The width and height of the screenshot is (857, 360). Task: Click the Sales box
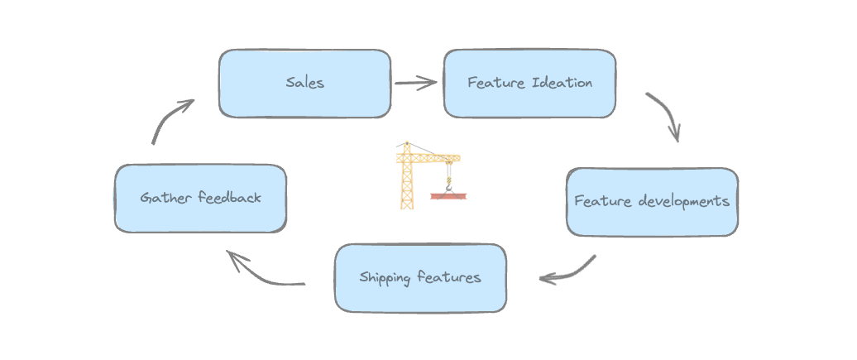(x=304, y=83)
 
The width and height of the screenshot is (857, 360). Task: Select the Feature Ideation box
(x=529, y=83)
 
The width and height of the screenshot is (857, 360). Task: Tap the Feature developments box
(x=652, y=201)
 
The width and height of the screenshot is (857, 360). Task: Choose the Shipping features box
(x=419, y=277)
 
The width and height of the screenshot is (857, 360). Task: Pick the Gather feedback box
(x=200, y=198)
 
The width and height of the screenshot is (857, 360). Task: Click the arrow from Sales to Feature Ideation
(x=416, y=82)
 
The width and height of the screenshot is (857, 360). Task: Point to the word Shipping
(x=385, y=277)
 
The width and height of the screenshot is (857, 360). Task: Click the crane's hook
(x=448, y=187)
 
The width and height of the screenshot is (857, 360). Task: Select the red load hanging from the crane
(x=448, y=197)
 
